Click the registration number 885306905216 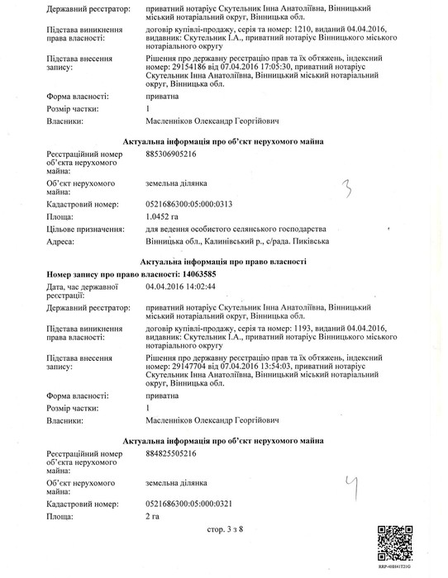172,154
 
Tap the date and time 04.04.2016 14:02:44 180,287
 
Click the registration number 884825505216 172,453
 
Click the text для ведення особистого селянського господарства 236,228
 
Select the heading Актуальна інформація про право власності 223,260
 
